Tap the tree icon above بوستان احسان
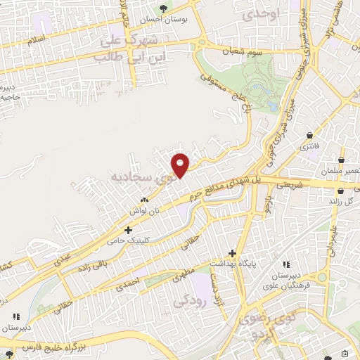tap(164, 8)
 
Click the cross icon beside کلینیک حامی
tap(128, 229)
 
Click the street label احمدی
tap(132, 279)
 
